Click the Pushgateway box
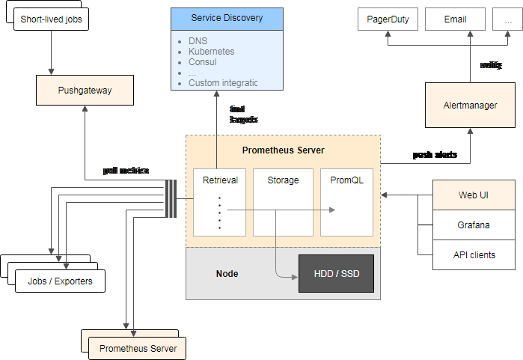point(84,91)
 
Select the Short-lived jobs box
point(51,19)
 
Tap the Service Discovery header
point(226,18)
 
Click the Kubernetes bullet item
point(212,52)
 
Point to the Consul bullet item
point(204,62)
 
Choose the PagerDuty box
point(388,19)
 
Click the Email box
point(455,19)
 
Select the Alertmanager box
point(470,106)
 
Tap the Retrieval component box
point(219,203)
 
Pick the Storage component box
point(283,203)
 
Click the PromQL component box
point(346,203)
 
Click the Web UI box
point(474,195)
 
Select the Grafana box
point(474,225)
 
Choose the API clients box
point(474,254)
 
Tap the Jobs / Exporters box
point(60,281)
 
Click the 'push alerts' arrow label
point(435,155)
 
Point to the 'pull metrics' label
point(126,171)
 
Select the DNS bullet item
point(198,40)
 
